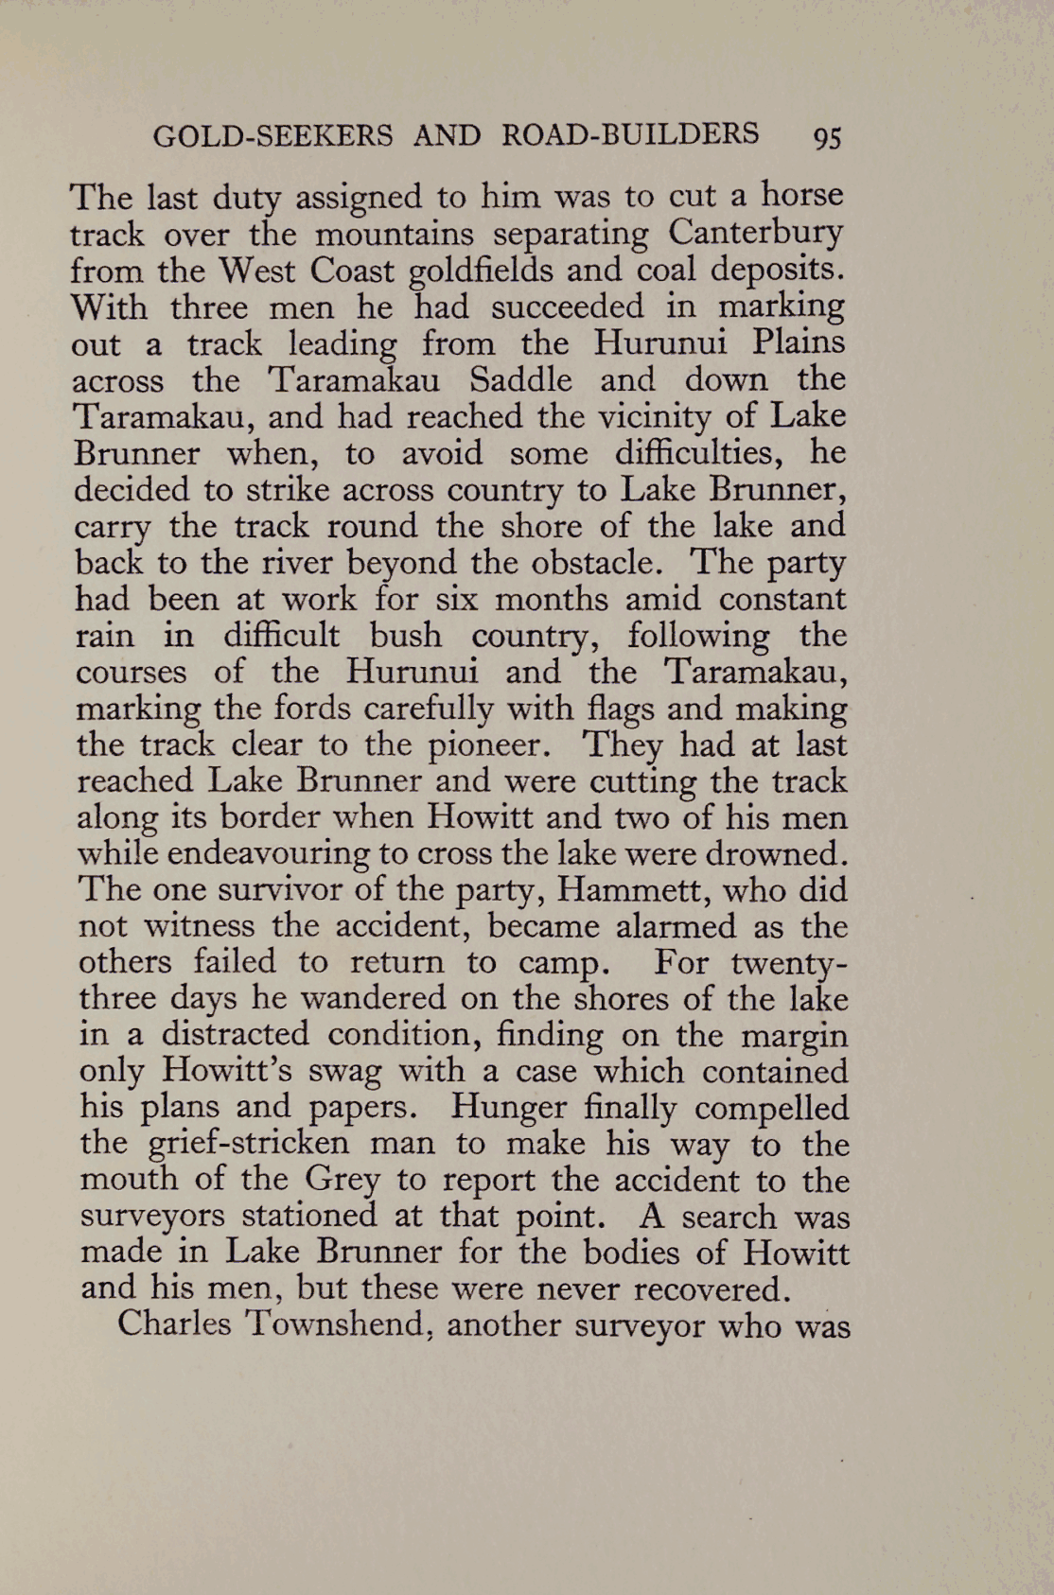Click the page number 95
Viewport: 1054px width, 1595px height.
[x=827, y=137]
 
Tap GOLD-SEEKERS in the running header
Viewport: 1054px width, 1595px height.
[x=272, y=136]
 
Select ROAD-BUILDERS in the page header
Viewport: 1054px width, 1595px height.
[x=629, y=134]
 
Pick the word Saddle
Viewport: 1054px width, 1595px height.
[x=520, y=380]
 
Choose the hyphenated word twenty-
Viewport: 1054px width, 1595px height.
[x=789, y=964]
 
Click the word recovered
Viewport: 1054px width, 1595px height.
[x=710, y=1289]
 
